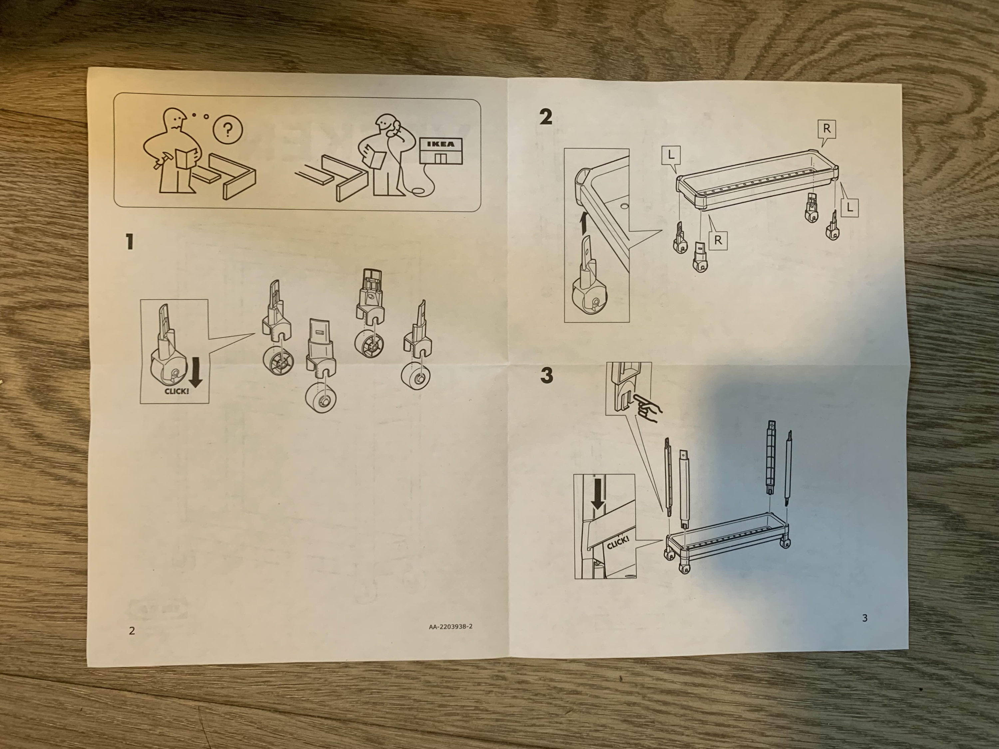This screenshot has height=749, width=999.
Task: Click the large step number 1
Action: [x=130, y=242]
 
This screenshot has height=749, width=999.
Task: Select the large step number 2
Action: [x=545, y=117]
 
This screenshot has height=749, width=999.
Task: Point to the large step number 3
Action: [x=546, y=375]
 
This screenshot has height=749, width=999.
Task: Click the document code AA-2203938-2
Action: [x=451, y=626]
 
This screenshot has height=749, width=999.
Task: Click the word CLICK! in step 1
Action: [x=176, y=391]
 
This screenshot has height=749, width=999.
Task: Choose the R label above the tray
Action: [x=827, y=129]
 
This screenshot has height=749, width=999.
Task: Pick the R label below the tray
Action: [x=718, y=241]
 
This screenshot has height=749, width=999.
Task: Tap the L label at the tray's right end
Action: [x=849, y=208]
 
